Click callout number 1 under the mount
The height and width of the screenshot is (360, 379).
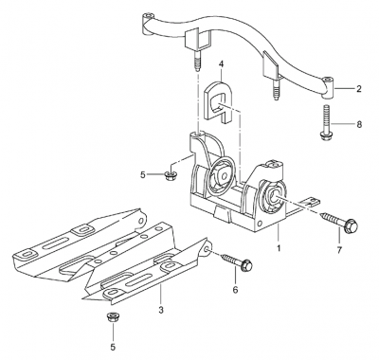point(279,248)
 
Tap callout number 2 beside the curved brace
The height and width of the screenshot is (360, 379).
point(359,89)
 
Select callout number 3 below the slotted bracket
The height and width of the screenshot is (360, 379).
point(161,310)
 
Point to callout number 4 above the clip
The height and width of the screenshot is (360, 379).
point(221,64)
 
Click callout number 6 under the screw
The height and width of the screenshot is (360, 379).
point(235,289)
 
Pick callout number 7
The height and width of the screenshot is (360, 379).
point(339,250)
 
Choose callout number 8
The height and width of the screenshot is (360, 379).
point(359,124)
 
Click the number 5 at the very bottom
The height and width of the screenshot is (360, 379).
point(113,347)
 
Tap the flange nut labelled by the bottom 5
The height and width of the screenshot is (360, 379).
point(112,317)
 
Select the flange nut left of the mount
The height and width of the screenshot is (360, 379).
point(171,175)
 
